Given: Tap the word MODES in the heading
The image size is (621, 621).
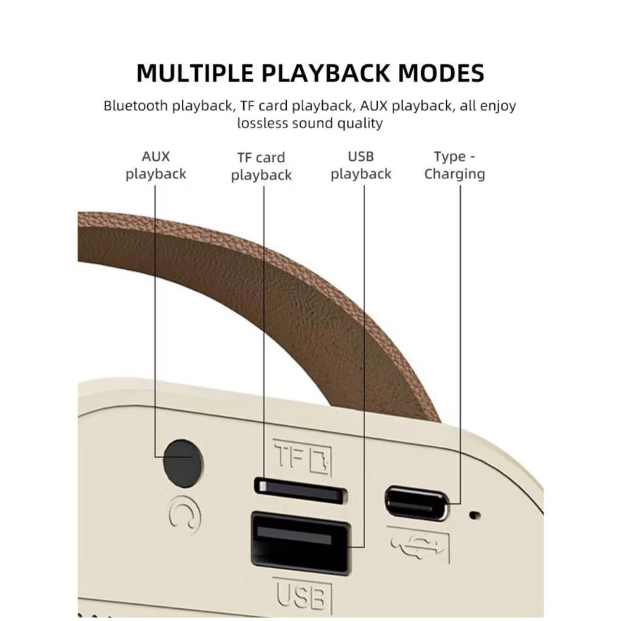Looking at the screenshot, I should click(x=441, y=73).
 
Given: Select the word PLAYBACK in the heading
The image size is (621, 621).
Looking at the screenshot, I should click(x=326, y=73).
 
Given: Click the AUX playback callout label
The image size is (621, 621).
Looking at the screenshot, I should click(x=156, y=165).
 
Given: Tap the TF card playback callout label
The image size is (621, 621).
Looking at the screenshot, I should click(x=261, y=166).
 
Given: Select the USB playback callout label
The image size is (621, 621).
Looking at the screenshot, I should click(x=361, y=165).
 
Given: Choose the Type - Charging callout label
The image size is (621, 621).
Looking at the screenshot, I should click(x=454, y=165).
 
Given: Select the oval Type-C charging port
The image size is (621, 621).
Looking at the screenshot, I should click(x=418, y=502).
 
